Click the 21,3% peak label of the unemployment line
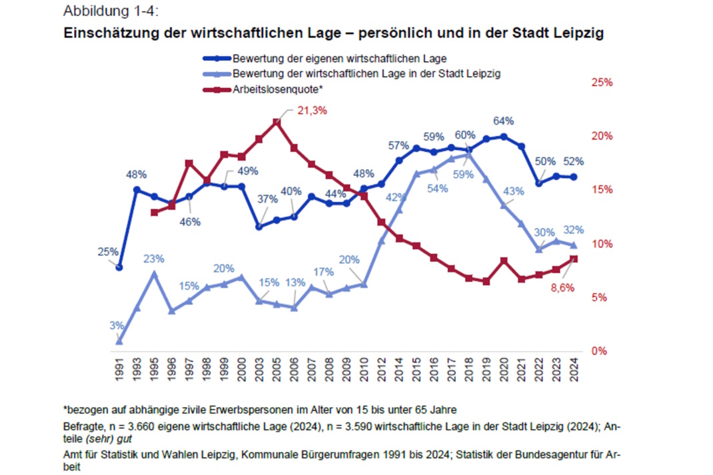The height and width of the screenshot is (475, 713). [x=311, y=111]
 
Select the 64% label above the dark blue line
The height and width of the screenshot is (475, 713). [x=503, y=121]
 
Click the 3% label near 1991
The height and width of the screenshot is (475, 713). [x=117, y=325]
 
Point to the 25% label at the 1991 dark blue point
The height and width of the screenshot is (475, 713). [x=107, y=251]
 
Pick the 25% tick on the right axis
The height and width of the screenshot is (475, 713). [x=602, y=83]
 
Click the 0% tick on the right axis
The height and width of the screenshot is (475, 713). [x=599, y=351]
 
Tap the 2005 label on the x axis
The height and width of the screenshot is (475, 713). [x=277, y=370]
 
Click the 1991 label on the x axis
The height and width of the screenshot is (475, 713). [x=119, y=370]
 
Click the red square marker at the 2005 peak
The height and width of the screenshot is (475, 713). [x=277, y=122]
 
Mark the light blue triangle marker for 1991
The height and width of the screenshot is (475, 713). [x=119, y=341]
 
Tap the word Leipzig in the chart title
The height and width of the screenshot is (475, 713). [x=578, y=33]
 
